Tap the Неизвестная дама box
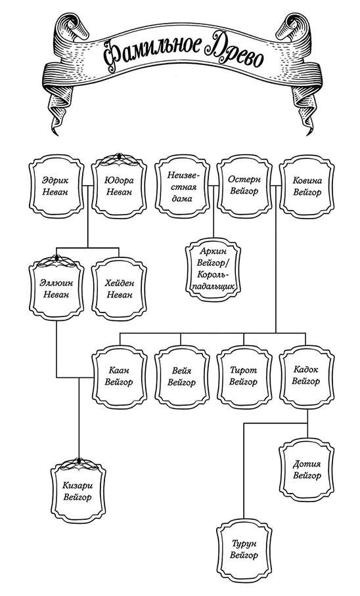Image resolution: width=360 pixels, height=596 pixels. tap(182, 187)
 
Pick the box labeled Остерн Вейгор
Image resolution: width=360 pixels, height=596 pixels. tap(244, 187)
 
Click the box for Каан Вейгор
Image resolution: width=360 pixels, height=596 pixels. tap(119, 377)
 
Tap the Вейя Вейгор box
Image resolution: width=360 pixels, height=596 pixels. tap(182, 377)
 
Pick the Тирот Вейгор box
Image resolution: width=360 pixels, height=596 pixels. tap(244, 377)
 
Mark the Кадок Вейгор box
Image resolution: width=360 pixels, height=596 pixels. tap(307, 376)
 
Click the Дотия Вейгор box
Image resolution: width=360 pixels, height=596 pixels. tap(307, 470)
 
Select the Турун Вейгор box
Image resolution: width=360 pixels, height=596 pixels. tap(244, 550)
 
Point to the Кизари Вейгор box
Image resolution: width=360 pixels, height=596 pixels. tap(78, 492)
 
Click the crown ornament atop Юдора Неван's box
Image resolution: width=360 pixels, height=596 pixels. tap(119, 160)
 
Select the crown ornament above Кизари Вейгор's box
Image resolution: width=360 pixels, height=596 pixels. tap(79, 465)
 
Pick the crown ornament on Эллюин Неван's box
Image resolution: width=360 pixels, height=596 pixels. tap(56, 262)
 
